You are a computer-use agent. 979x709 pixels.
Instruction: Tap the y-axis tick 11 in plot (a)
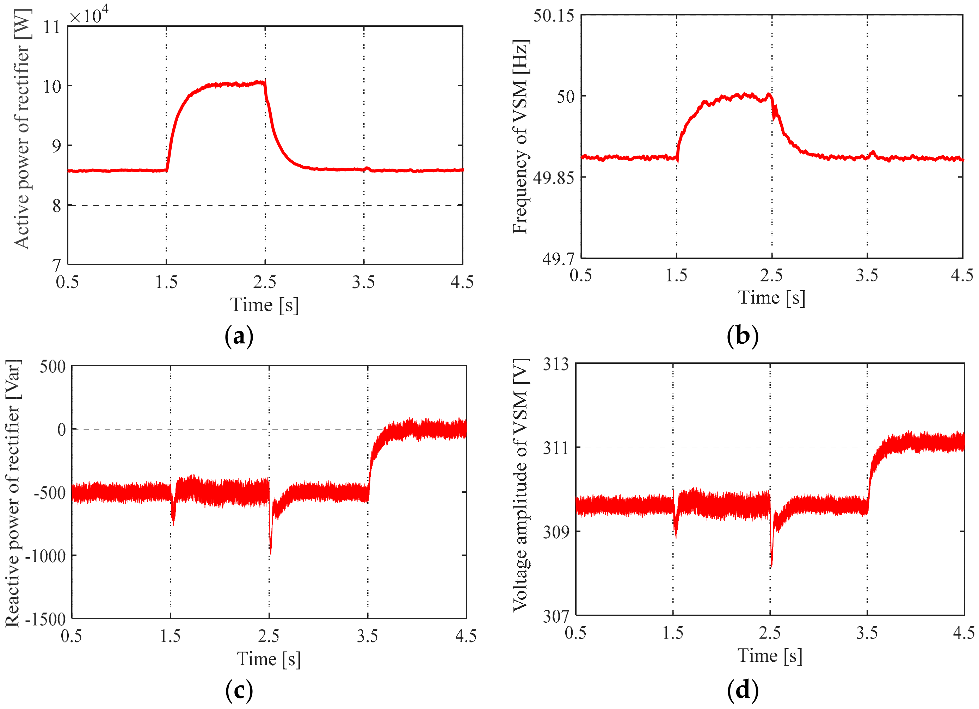52,27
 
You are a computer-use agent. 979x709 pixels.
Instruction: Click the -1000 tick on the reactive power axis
45,556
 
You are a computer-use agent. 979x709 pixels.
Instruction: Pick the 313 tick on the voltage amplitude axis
556,364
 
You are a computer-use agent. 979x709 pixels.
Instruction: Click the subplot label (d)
742,690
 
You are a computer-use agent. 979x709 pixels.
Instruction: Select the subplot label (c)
239,690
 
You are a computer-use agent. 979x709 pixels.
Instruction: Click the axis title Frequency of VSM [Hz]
520,137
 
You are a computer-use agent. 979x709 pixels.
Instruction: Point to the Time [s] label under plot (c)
269,659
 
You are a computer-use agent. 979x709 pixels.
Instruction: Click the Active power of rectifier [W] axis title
21,129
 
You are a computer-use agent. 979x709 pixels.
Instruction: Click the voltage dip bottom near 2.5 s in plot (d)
771,566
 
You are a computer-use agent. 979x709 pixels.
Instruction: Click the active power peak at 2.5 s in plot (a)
265,80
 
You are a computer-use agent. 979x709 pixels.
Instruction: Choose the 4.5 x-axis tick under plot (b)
962,275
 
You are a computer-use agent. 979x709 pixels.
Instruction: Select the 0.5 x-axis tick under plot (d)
575,633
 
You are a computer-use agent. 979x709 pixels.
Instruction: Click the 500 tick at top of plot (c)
53,367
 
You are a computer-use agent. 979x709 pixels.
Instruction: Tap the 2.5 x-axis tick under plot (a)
265,282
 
